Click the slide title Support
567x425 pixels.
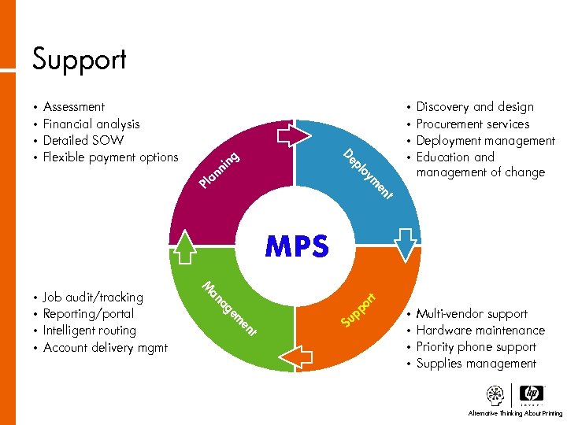(x=79, y=59)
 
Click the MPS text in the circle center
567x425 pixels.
(x=297, y=246)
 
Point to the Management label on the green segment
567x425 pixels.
(x=229, y=309)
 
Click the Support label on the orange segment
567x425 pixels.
(x=361, y=309)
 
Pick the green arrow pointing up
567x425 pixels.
(x=185, y=245)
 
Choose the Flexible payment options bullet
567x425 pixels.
(x=110, y=157)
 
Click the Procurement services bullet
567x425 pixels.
(x=472, y=124)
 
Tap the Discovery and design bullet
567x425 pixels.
(x=475, y=107)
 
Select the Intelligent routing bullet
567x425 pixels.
(x=89, y=331)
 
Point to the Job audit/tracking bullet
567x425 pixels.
(x=93, y=297)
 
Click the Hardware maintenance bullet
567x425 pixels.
(x=480, y=331)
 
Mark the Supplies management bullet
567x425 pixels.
(x=476, y=364)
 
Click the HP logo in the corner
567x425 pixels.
(x=532, y=394)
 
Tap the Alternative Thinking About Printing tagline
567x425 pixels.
(x=515, y=413)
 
